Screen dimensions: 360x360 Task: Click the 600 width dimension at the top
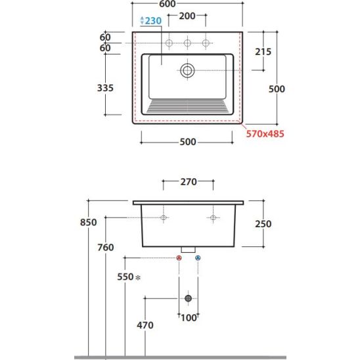coord(168,4)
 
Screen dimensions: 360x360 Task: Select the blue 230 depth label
coord(153,20)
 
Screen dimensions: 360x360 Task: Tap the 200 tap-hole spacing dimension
coord(187,16)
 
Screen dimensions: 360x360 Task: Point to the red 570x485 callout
coord(265,133)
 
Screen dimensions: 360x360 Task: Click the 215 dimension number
coord(263,52)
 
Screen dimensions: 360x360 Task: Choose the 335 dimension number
coord(105,88)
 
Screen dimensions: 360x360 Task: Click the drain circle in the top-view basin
coord(187,70)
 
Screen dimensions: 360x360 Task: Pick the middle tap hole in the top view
coord(187,43)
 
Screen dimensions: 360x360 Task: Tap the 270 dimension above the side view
coord(189,182)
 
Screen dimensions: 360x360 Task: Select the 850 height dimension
coord(89,222)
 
